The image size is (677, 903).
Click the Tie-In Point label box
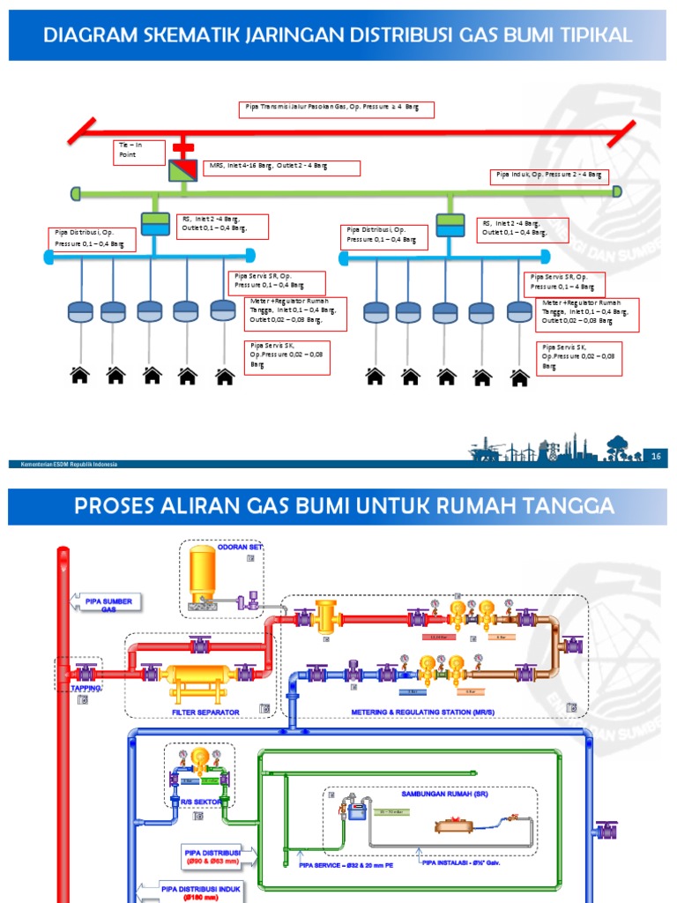tap(139, 152)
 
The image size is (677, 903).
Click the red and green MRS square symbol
tap(183, 168)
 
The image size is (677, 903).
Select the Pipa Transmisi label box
tap(336, 109)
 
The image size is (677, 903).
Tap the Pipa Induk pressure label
tap(548, 176)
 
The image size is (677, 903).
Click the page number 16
tap(656, 455)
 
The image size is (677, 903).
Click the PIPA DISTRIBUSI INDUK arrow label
tap(199, 890)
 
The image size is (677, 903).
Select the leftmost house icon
tap(80, 376)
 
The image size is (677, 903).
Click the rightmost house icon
tap(519, 377)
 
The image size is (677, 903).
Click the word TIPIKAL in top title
tap(590, 35)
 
